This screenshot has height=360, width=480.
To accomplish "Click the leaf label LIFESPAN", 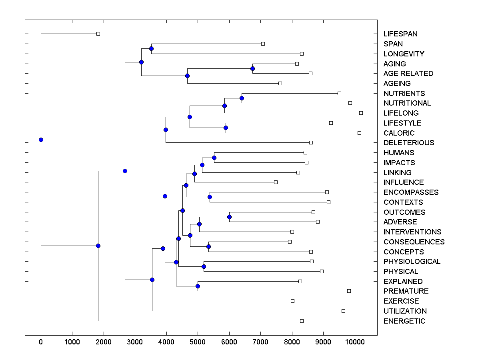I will coord(400,34).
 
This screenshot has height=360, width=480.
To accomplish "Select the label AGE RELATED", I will coord(408,74).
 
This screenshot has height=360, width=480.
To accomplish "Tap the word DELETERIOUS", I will coord(408,143).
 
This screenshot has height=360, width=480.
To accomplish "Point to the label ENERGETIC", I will coord(404,321).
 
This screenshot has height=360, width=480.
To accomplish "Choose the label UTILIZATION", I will coord(405,311).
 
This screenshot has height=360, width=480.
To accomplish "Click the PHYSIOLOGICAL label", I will coord(412,262).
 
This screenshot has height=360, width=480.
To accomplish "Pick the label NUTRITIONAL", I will coord(407,103).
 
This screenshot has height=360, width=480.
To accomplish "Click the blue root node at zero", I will coord(41,140).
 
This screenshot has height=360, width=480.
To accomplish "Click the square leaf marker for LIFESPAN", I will coord(98,34).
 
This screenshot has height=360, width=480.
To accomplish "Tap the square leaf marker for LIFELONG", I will coord(361,113).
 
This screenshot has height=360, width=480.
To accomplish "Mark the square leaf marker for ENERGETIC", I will coord(302,321).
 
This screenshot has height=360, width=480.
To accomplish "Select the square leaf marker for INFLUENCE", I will coord(276,182).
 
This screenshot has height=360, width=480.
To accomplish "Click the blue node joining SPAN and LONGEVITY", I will coord(151,48).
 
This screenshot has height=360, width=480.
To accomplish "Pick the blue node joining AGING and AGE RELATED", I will coord(252,68).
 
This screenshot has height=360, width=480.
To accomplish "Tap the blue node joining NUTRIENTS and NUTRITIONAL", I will coord(242,98).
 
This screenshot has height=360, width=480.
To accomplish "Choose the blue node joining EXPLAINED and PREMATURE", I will coord(198,286).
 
